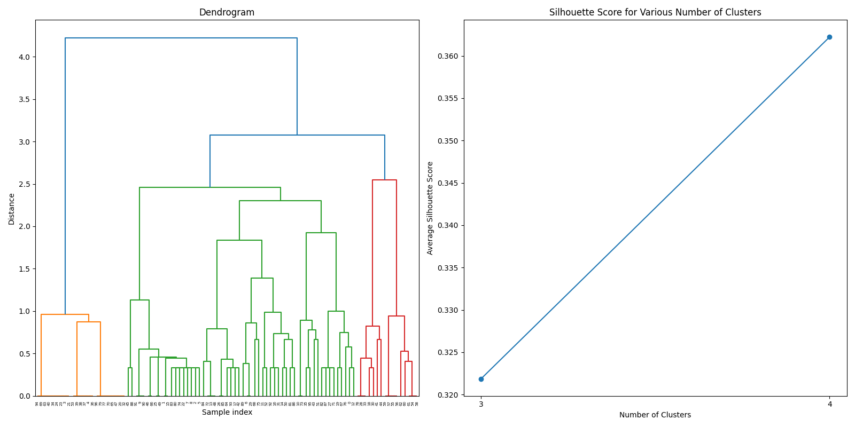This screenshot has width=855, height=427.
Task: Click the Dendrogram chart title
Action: [x=227, y=12]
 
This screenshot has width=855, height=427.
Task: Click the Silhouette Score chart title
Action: [x=655, y=12]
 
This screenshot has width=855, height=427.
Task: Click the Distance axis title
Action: [x=11, y=208]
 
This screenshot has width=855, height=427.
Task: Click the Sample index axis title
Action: [x=227, y=412]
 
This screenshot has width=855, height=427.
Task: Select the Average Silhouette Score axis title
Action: [x=430, y=208]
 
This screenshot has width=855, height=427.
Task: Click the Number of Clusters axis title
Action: [x=655, y=415]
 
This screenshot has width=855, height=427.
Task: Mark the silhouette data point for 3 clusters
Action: [x=481, y=379]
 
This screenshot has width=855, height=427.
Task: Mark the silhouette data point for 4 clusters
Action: [x=829, y=37]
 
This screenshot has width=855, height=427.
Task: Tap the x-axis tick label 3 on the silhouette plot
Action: [x=481, y=404]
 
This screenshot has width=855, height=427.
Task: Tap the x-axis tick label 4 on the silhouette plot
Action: [x=829, y=404]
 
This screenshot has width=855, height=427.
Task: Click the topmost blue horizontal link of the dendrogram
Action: [x=181, y=38]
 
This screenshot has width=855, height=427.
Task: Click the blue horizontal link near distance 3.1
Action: [x=297, y=135]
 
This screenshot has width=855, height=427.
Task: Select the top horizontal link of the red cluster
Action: [x=384, y=180]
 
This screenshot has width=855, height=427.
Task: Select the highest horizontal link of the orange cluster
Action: [x=65, y=314]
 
